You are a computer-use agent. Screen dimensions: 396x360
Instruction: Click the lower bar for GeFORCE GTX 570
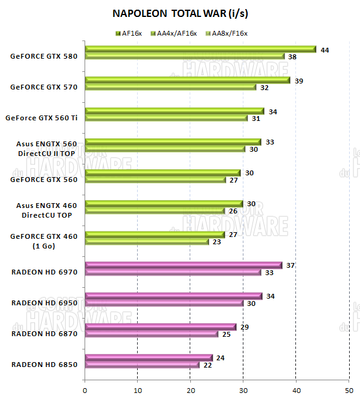[x=171, y=87]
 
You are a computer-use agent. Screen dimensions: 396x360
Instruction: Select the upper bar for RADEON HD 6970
[x=184, y=265]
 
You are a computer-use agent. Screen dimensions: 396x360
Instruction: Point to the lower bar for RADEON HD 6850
[x=142, y=365]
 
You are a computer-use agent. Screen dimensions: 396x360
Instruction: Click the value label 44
[x=325, y=50]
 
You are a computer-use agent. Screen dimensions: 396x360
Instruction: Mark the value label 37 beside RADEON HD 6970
[x=290, y=265]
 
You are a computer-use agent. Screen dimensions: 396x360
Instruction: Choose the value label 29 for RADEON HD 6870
[x=244, y=327]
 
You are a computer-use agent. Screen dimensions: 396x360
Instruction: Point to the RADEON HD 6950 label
[x=44, y=303]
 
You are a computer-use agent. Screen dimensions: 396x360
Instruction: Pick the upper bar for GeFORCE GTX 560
[x=163, y=172]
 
